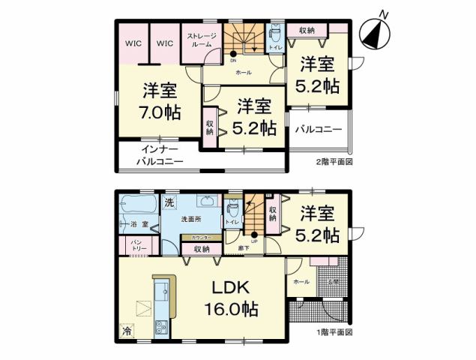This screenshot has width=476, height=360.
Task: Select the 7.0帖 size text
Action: (160, 112)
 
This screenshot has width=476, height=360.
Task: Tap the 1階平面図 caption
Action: (333, 331)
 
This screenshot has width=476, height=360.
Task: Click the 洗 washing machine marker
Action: (169, 202)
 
